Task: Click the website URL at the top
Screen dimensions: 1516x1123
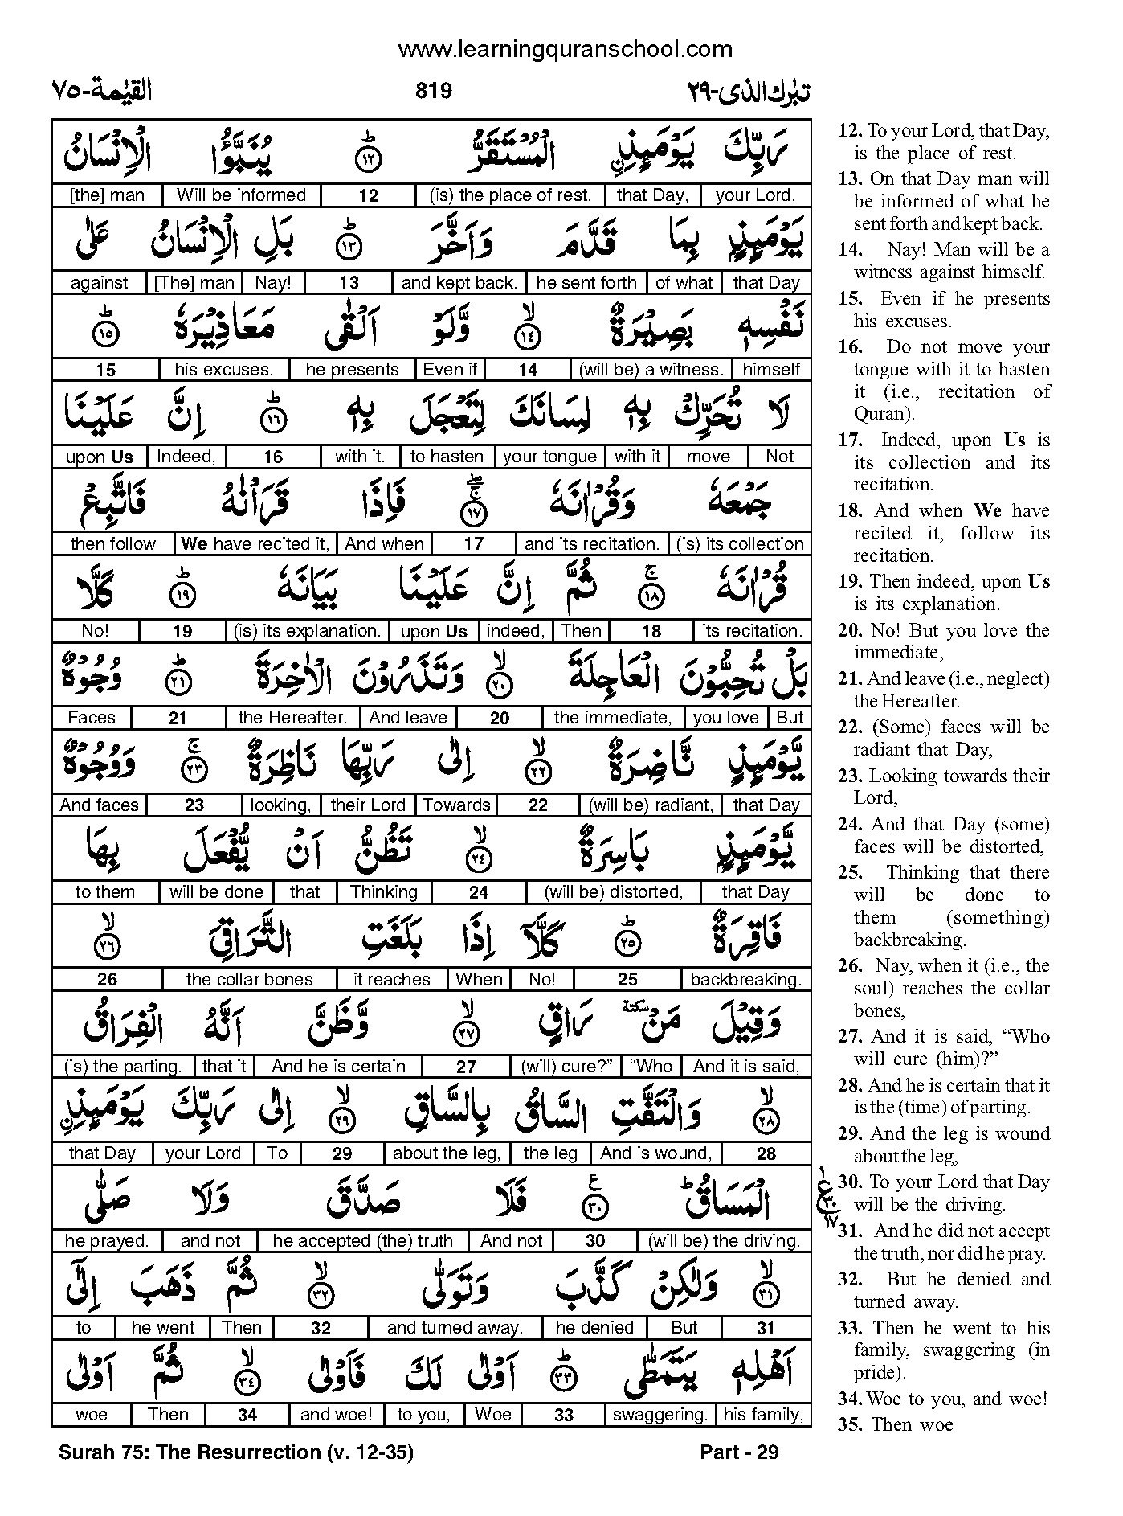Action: point(565,50)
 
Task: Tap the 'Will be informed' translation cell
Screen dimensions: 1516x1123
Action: point(241,195)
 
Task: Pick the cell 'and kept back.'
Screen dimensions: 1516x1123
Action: point(459,282)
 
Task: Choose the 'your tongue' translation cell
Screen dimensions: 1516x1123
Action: point(549,457)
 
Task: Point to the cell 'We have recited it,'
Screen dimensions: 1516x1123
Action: point(255,544)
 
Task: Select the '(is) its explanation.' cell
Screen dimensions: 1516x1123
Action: point(307,631)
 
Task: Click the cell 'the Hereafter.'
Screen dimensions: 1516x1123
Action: point(292,718)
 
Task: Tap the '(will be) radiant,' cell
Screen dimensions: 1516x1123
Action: point(651,805)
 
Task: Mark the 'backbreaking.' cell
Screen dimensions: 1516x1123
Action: point(745,979)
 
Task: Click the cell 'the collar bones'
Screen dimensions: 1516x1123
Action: point(249,979)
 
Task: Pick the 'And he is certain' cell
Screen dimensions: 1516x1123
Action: point(338,1067)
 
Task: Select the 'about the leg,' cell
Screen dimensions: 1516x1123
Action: point(447,1153)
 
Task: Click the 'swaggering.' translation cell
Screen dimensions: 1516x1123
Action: point(660,1415)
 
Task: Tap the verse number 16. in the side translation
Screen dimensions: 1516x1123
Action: point(850,347)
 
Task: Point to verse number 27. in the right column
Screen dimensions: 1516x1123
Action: point(850,1037)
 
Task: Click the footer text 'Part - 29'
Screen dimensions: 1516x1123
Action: point(739,1452)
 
